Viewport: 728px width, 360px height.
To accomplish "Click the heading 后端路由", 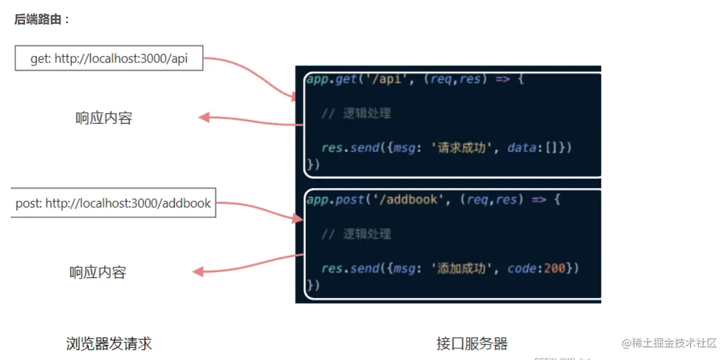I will pyautogui.click(x=42, y=20).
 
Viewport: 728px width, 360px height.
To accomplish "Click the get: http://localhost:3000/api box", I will pyautogui.click(x=109, y=59).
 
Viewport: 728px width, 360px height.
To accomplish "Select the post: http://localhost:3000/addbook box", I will pyautogui.click(x=113, y=203).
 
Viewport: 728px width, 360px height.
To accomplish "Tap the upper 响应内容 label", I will pyautogui.click(x=103, y=118).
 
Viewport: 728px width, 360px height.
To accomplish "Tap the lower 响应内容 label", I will pyautogui.click(x=97, y=273).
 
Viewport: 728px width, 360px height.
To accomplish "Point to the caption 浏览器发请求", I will pyautogui.click(x=109, y=343).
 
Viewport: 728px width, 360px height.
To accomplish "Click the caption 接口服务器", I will pyautogui.click(x=472, y=343).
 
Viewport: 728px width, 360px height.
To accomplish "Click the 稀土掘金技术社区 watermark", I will pyautogui.click(x=669, y=343).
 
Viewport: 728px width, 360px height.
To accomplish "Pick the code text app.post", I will pyautogui.click(x=336, y=200).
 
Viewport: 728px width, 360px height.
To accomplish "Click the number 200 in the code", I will pyautogui.click(x=554, y=269).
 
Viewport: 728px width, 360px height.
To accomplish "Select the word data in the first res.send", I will pyautogui.click(x=521, y=147).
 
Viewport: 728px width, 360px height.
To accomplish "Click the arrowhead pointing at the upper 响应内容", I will pyautogui.click(x=203, y=117).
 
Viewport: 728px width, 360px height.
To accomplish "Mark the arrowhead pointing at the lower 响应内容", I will pyautogui.click(x=198, y=271).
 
